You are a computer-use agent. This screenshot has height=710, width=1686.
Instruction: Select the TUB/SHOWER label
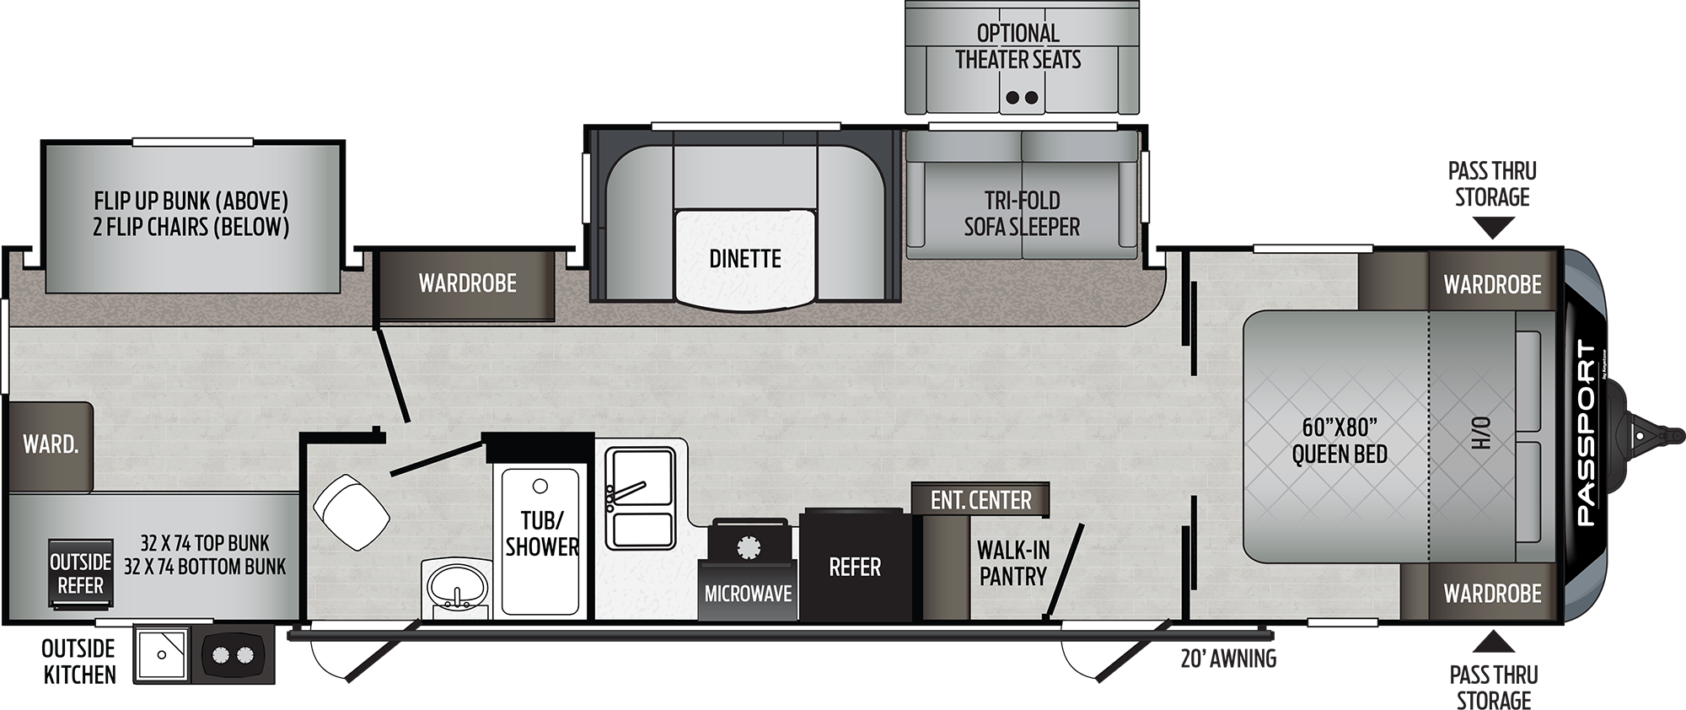point(542,533)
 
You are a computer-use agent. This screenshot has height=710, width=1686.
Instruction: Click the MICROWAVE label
point(749,594)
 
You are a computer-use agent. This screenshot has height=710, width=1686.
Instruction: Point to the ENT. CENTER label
point(980,500)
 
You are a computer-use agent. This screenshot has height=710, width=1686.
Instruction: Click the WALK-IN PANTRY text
point(1013,563)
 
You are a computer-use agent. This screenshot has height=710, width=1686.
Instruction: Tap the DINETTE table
point(745,257)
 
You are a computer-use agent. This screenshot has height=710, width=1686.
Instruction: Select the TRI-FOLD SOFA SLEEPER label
point(1022,213)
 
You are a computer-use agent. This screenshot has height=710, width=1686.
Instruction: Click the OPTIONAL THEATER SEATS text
point(1018,46)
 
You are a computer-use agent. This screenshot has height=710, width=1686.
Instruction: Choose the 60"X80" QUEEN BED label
point(1340,440)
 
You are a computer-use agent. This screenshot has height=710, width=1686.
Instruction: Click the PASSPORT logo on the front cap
point(1586,433)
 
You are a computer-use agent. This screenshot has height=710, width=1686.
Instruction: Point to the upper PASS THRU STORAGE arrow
point(1492,228)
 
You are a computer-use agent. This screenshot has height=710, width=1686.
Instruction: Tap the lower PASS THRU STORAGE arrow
point(1492,644)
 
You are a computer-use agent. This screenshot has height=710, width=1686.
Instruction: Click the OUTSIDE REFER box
point(80,573)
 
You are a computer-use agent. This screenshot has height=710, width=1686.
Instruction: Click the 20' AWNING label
point(1228,659)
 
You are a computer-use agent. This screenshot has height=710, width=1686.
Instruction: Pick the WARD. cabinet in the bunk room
point(50,446)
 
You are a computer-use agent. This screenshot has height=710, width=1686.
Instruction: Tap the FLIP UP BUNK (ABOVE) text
point(191,201)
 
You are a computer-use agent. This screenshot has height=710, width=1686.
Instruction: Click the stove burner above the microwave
point(749,547)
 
